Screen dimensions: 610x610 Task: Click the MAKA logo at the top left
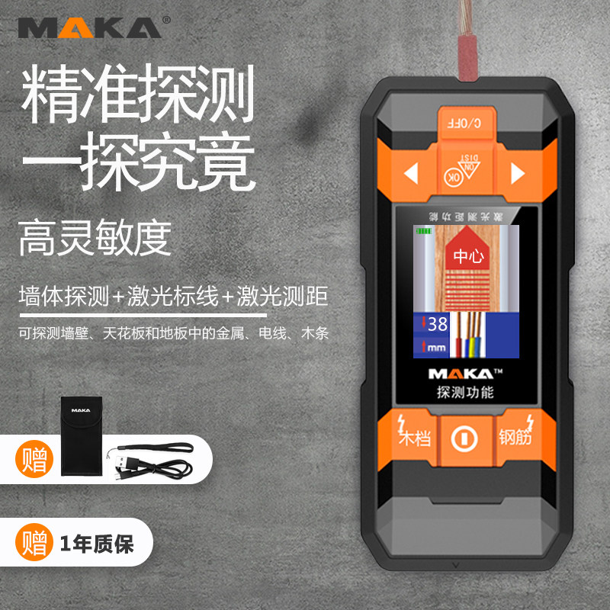click(x=89, y=27)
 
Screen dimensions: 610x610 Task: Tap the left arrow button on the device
click(x=411, y=174)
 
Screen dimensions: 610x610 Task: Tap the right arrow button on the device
click(x=518, y=174)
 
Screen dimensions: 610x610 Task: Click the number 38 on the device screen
click(x=438, y=324)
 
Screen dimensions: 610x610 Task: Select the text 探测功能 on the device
click(x=465, y=393)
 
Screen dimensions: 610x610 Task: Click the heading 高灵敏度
click(x=95, y=238)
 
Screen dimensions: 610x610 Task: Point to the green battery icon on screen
click(x=423, y=230)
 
